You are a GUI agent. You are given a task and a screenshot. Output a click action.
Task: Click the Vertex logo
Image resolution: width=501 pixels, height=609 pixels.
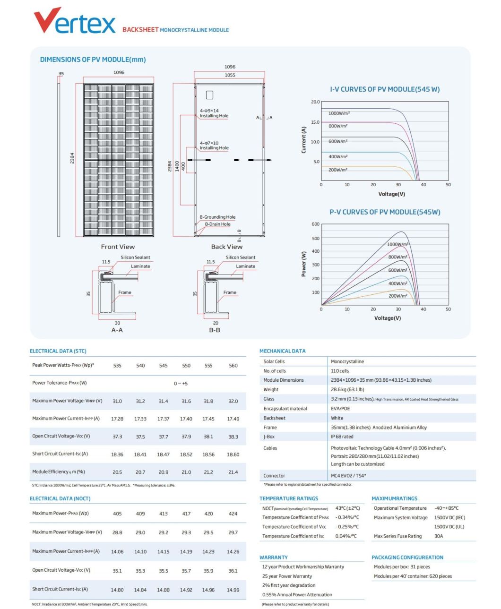75,21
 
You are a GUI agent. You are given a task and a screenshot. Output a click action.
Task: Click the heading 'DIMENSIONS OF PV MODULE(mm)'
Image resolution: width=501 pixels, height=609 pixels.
93,60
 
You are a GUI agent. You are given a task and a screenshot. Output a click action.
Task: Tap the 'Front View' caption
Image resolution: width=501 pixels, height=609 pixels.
118,247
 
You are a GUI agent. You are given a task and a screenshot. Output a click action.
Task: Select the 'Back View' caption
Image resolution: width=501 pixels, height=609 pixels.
226,247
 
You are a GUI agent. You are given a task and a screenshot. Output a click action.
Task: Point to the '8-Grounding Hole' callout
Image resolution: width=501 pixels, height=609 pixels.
217,217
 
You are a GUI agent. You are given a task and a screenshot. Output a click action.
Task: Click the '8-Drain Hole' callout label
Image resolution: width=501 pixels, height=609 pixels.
217,224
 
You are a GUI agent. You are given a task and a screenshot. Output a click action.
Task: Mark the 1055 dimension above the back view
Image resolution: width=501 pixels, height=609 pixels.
230,75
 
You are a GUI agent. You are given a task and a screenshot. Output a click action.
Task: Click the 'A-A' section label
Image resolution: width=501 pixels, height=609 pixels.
117,330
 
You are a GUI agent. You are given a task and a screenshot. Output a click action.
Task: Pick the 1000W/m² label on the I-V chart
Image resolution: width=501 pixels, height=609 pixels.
339,113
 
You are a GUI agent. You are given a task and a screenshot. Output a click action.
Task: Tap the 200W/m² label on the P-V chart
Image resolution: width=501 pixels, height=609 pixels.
397,296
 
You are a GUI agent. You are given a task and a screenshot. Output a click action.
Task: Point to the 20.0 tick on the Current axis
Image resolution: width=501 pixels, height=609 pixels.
315,102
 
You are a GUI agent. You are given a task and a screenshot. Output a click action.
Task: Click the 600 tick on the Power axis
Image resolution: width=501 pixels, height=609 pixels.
315,224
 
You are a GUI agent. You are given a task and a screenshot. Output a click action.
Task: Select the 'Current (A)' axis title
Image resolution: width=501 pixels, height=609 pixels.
303,140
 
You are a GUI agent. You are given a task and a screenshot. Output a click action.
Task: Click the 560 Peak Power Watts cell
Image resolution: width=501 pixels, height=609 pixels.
233,366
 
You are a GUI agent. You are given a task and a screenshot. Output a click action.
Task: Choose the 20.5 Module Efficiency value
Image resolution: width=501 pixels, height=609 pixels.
117,472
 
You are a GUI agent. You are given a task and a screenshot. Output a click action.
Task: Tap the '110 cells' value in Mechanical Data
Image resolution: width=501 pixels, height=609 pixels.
340,371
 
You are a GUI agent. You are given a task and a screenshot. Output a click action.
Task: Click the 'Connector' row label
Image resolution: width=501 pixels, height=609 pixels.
274,476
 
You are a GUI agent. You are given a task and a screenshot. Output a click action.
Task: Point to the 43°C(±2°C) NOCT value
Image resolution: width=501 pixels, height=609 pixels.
347,508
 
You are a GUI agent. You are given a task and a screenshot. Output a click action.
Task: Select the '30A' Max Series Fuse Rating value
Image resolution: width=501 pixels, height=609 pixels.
439,536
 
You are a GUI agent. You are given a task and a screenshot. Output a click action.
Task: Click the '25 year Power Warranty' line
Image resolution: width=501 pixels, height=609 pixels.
287,576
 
